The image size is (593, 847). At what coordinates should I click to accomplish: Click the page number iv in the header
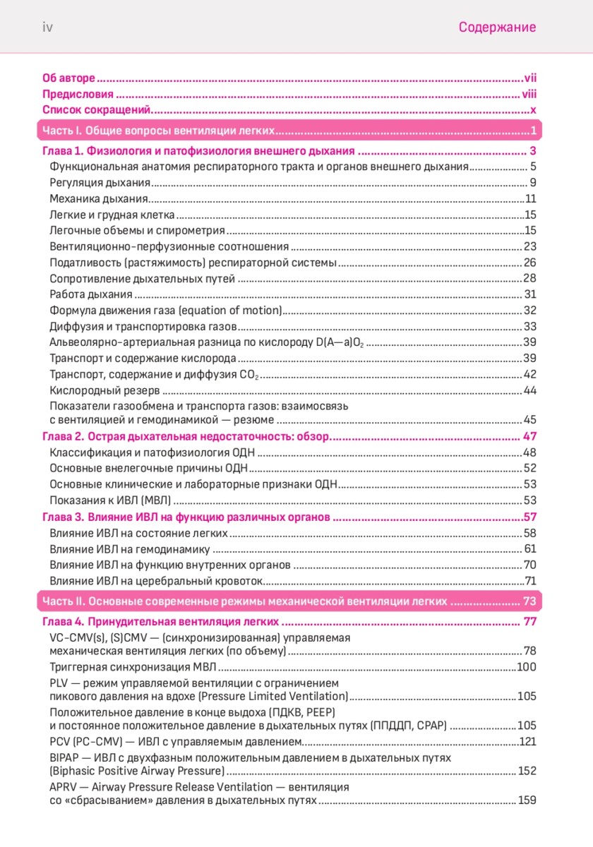48,28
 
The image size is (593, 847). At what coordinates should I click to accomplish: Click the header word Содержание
497,28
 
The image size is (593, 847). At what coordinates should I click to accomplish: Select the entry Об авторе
68,77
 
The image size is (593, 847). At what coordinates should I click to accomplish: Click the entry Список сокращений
97,109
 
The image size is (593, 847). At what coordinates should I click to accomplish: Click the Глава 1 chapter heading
198,151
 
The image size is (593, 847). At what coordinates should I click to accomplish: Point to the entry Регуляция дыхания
100,183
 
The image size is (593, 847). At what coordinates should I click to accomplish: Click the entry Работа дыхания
91,294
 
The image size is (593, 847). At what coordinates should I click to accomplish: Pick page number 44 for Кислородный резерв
530,390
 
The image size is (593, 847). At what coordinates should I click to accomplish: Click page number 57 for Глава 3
531,517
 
